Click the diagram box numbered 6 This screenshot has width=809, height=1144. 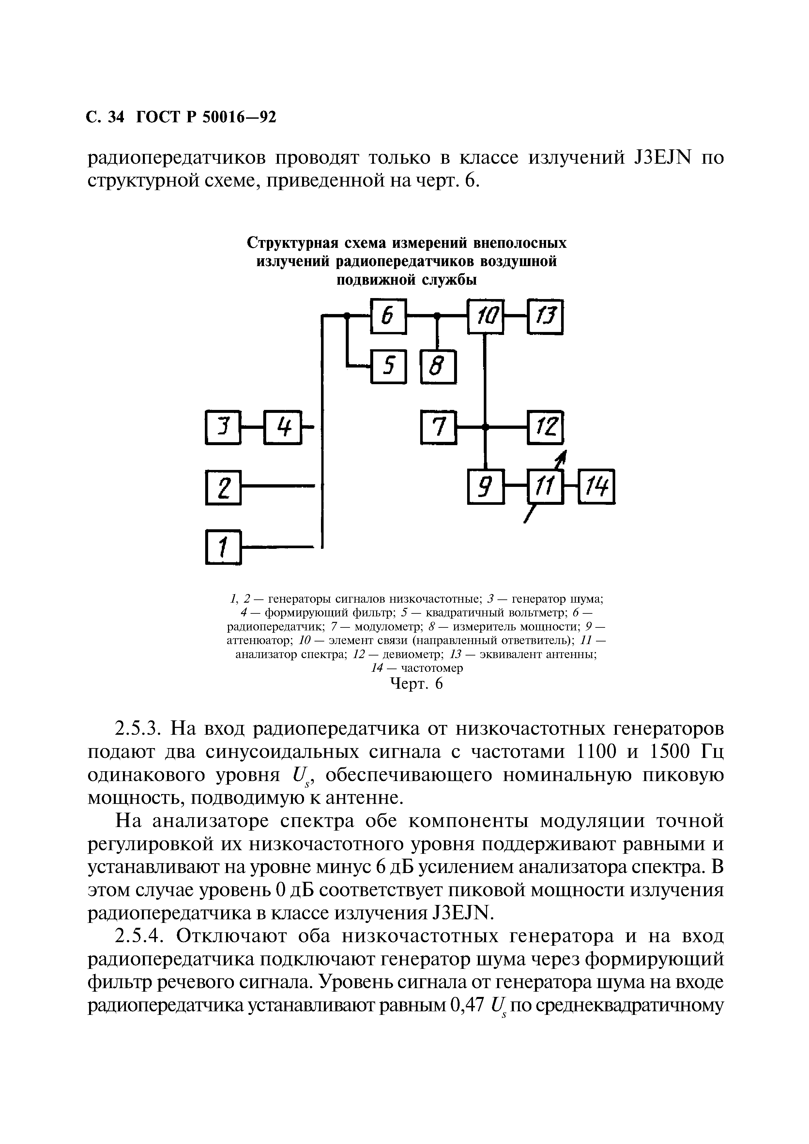click(x=388, y=316)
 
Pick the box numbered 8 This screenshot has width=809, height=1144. click(x=438, y=367)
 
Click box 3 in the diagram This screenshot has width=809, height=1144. click(x=223, y=427)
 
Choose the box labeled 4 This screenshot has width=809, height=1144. click(x=282, y=427)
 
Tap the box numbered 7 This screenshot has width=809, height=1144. click(x=438, y=427)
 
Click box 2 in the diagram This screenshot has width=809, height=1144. click(x=223, y=487)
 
